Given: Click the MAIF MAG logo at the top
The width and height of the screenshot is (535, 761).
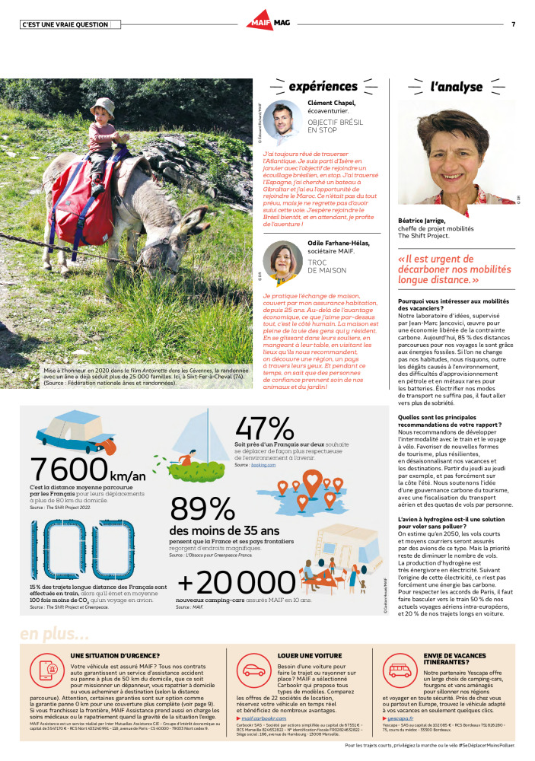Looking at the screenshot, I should (x=267, y=24).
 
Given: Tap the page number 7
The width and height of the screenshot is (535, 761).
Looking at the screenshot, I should (x=513, y=24).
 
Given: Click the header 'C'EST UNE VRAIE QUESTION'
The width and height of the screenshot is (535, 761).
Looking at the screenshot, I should (x=65, y=24).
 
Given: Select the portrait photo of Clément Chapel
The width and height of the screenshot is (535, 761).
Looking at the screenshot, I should (x=284, y=122).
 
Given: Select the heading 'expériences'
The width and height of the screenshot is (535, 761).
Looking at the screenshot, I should (x=323, y=86).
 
